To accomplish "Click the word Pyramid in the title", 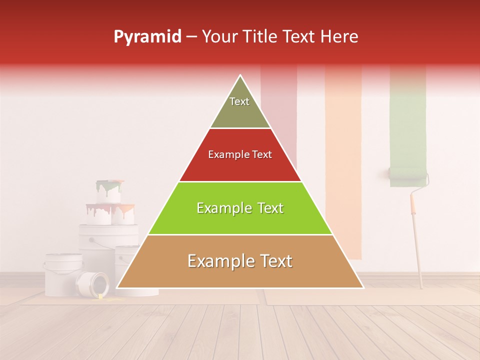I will coord(147,37).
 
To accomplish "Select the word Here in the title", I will coord(339,37).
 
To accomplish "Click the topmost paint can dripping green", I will coord(109,191).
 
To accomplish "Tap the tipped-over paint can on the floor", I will coord(92,283).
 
